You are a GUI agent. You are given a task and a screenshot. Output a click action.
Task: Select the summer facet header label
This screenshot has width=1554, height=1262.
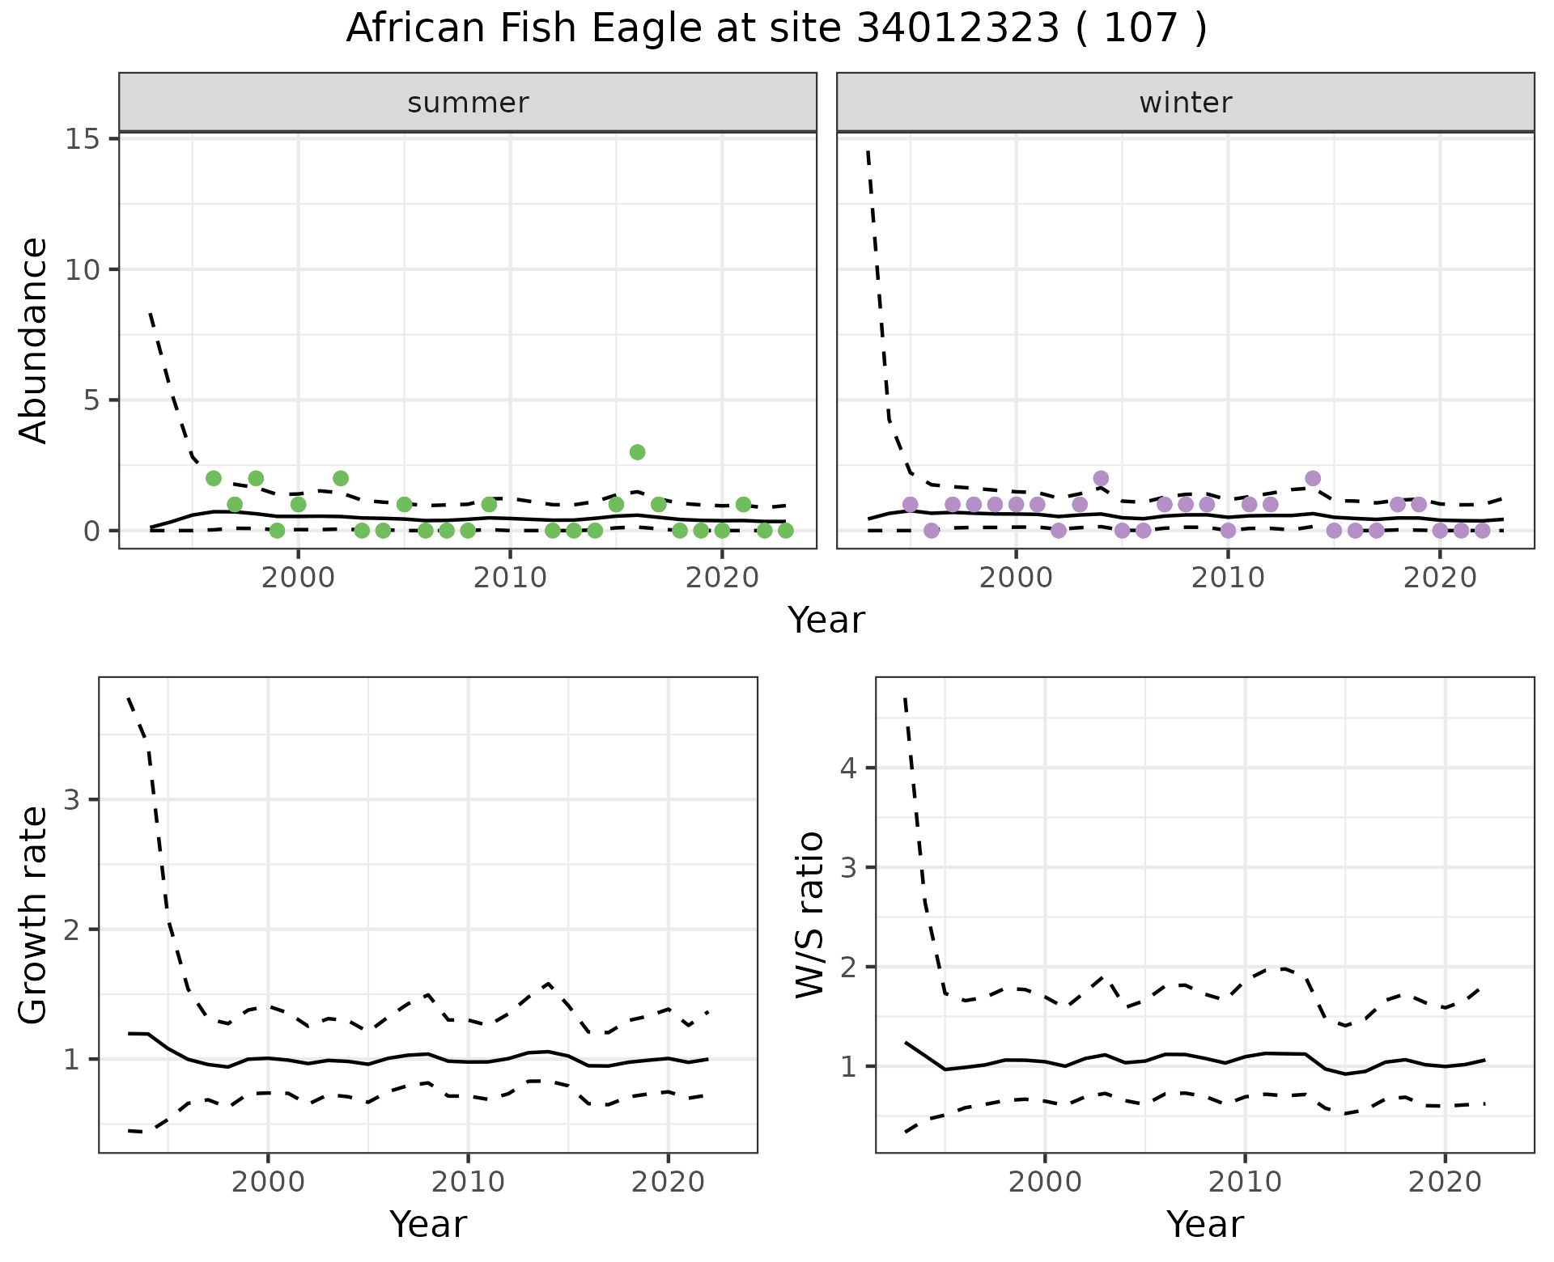(x=468, y=103)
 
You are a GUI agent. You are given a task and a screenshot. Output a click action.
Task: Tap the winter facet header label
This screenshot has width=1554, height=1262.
(x=1185, y=103)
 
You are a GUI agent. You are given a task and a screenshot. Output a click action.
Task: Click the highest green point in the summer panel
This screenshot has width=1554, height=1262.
(x=637, y=452)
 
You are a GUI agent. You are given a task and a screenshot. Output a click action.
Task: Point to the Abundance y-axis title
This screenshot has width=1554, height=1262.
(x=34, y=340)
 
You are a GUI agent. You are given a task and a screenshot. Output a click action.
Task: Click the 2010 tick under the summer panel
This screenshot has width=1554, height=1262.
(x=510, y=579)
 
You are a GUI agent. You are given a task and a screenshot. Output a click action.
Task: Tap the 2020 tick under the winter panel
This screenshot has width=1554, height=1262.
(x=1440, y=579)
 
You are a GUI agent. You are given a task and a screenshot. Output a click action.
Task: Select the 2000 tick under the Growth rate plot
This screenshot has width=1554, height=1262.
(x=268, y=1183)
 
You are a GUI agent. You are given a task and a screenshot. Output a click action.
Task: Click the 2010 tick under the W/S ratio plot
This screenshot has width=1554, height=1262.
(x=1245, y=1183)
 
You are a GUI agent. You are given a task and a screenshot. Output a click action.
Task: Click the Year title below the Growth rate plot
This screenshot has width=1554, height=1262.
(x=428, y=1225)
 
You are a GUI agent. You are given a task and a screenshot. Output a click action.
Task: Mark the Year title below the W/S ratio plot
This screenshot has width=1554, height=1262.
(x=1204, y=1225)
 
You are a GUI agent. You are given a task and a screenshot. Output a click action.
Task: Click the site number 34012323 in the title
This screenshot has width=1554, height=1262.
(x=957, y=29)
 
